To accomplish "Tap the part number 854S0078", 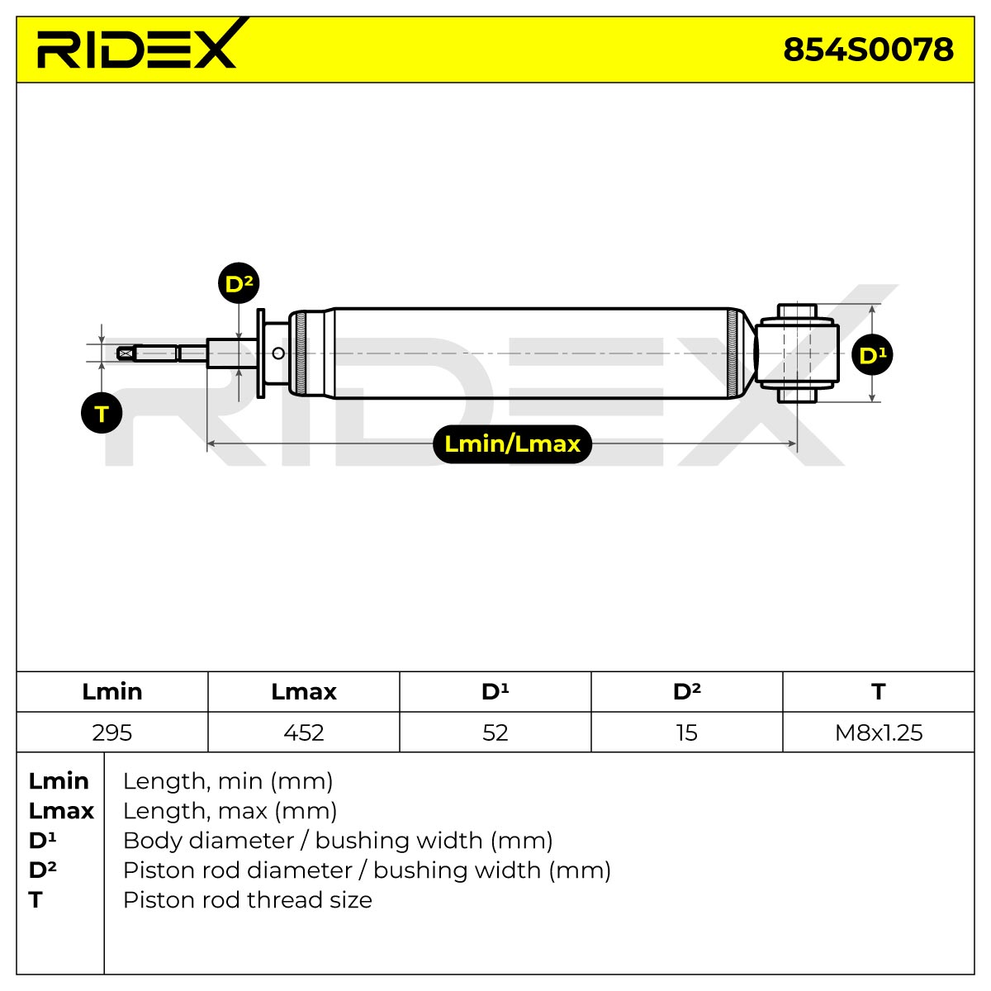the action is tap(868, 50).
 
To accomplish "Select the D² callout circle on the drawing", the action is tap(239, 283).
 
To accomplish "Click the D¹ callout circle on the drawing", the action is tap(872, 355).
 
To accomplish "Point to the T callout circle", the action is tap(102, 413).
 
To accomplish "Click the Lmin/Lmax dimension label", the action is tap(512, 443).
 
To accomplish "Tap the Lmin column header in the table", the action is tap(112, 692).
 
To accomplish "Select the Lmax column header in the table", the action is tap(303, 692).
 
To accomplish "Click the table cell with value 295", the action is tap(112, 733).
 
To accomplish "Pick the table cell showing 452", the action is tap(303, 733).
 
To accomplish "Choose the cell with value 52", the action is tap(495, 733).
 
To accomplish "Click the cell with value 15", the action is tap(687, 733).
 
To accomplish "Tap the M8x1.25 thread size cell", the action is tap(879, 733).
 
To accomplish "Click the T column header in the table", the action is tap(879, 692).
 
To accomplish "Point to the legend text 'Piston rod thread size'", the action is tap(248, 900).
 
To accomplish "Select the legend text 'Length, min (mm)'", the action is tap(228, 781).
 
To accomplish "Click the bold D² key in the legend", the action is tap(43, 870).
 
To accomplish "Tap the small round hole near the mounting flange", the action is tap(278, 353).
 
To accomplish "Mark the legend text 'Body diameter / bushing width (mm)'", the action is tap(338, 841).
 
